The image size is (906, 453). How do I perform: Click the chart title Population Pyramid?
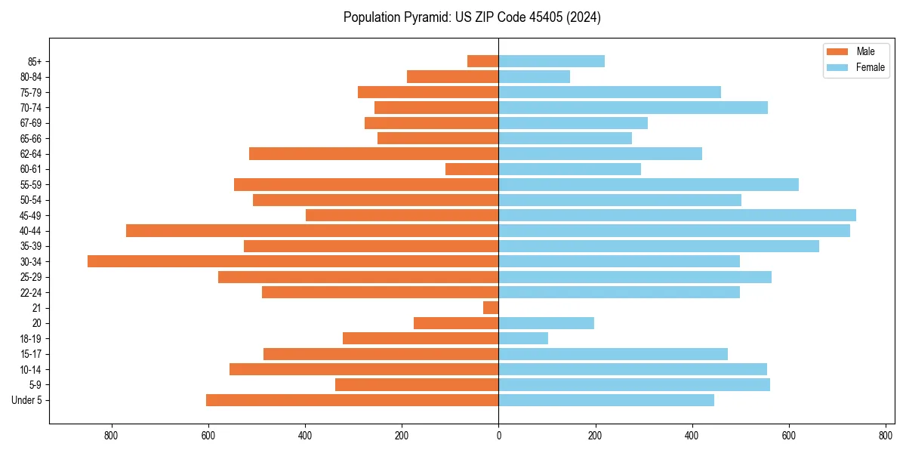472,17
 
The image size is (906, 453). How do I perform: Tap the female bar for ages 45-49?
677,215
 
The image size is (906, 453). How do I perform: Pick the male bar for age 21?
491,307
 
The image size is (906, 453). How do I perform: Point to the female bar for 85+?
551,61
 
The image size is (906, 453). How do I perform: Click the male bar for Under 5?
352,400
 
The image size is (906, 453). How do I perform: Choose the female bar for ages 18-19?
523,338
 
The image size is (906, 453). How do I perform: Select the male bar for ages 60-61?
472,169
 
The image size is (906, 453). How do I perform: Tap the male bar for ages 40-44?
312,230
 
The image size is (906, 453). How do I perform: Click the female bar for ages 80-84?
534,76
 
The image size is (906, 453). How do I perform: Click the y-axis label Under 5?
26,400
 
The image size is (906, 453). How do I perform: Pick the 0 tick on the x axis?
498,436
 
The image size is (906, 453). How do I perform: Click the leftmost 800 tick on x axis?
112,436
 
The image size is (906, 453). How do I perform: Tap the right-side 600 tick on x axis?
789,436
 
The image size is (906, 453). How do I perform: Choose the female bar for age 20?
546,323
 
